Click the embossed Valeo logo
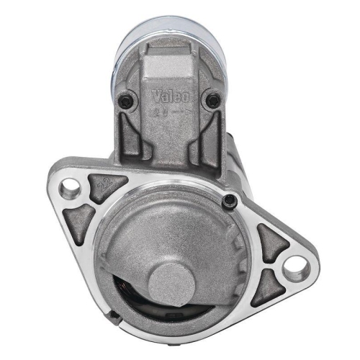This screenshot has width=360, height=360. [x=171, y=96]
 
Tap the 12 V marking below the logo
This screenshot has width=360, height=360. [x=159, y=112]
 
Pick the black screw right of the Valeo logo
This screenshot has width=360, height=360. [x=212, y=101]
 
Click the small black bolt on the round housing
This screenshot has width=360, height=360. [x=228, y=199]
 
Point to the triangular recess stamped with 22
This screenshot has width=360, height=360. [x=106, y=189]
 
